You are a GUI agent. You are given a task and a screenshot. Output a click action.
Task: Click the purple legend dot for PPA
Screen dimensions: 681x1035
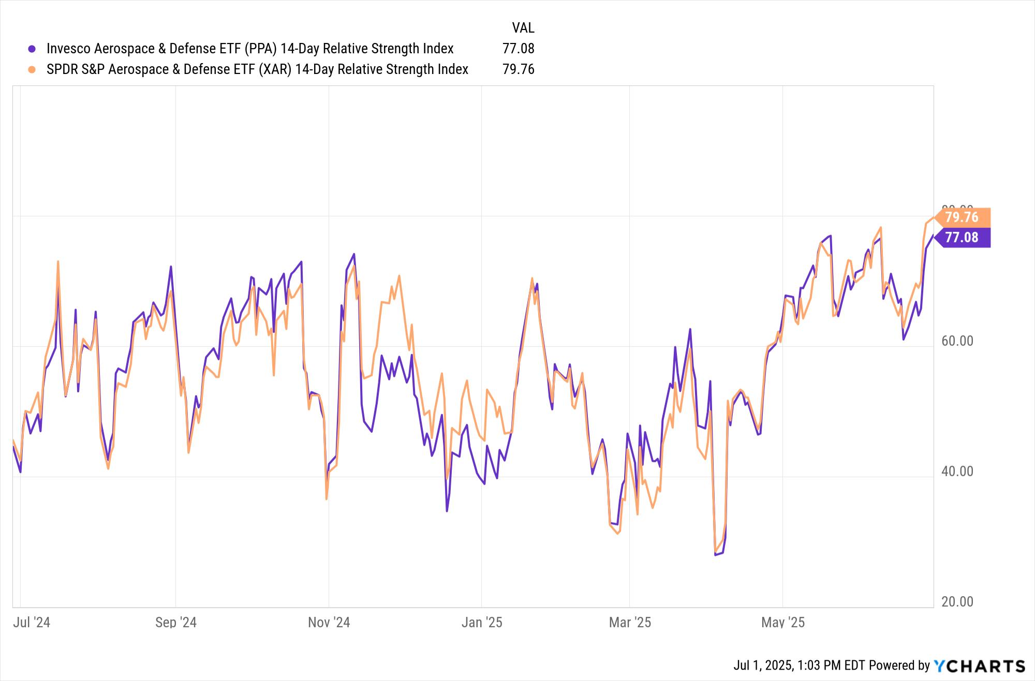(32, 49)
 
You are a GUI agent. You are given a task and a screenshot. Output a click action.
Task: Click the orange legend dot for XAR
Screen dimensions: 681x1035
(32, 69)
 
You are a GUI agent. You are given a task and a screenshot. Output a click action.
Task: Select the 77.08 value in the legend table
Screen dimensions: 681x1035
(518, 49)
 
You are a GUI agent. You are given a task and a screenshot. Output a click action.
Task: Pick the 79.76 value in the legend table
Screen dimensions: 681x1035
(518, 69)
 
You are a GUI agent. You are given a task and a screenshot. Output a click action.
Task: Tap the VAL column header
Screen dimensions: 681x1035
(523, 27)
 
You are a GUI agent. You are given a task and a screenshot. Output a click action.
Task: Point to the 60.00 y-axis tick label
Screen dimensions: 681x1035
(957, 341)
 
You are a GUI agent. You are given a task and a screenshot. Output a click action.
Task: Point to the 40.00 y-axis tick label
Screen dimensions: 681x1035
(957, 471)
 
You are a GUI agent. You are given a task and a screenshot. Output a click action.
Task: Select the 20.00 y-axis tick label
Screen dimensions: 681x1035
(957, 602)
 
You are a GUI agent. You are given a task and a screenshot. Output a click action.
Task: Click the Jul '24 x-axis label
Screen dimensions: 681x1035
(32, 622)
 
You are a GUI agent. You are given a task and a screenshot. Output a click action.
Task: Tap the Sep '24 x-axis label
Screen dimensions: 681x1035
(176, 622)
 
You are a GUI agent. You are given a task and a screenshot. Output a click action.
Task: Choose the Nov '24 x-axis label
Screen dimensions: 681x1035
(329, 622)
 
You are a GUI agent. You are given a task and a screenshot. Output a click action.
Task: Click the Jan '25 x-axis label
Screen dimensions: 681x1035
(481, 622)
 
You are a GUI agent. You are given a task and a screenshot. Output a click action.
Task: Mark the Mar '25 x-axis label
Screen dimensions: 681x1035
(630, 622)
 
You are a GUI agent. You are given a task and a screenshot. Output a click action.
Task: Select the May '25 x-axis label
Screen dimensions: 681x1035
(782, 622)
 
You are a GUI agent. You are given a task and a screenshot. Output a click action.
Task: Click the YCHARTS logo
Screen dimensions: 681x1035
(979, 665)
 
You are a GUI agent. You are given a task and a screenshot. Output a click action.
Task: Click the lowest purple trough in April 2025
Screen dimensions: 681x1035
(716, 555)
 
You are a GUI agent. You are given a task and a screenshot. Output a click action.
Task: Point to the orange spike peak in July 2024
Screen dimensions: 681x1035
(58, 261)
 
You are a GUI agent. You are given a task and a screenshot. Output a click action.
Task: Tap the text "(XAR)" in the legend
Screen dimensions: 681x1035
(275, 69)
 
